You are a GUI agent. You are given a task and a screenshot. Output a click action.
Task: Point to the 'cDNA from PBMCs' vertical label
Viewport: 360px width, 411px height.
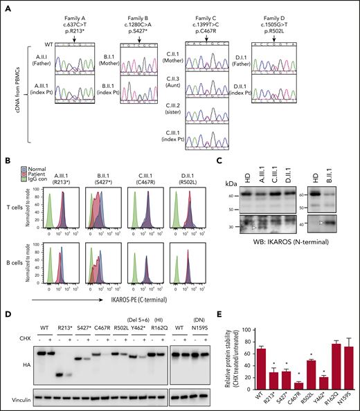15,91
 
